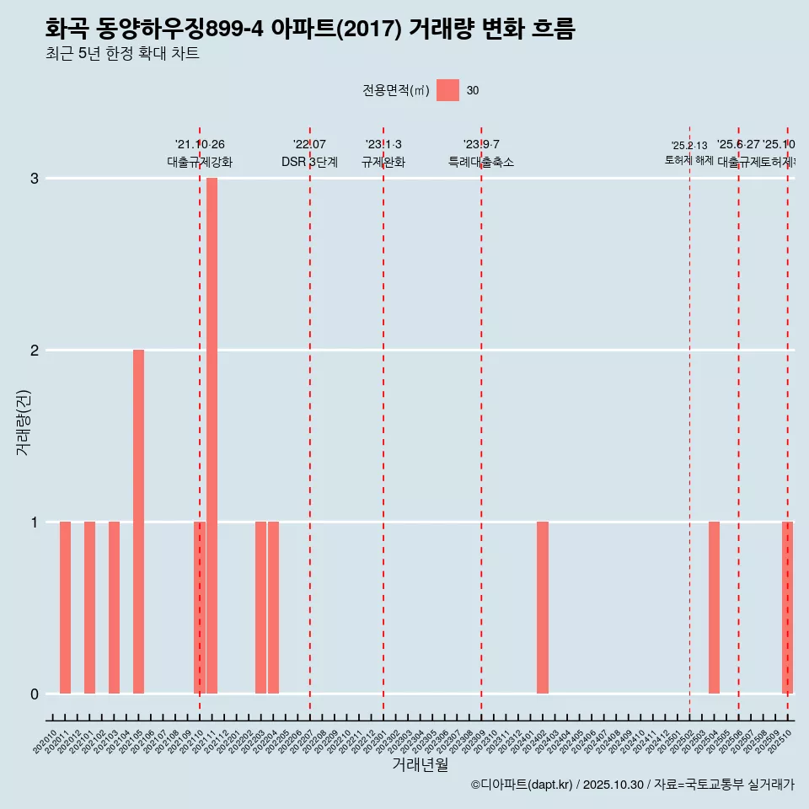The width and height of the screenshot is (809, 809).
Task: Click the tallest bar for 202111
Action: [212, 436]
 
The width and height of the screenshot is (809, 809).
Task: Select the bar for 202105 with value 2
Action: [138, 522]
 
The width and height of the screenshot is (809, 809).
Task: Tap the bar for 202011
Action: [65, 608]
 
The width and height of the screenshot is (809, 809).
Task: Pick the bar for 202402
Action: [543, 608]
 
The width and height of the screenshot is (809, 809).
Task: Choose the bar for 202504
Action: [714, 608]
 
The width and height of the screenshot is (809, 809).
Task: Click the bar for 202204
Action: [273, 608]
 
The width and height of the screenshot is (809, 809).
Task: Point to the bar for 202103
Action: [114, 608]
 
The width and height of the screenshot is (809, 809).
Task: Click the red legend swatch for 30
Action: [447, 90]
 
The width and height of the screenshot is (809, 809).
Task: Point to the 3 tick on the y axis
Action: [35, 178]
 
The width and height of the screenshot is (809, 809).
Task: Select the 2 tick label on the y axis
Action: [35, 350]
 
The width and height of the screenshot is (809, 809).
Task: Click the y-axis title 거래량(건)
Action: [24, 422]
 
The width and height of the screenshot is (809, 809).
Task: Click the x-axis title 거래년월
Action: [420, 764]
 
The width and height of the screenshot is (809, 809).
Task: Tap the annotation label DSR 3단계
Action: [309, 162]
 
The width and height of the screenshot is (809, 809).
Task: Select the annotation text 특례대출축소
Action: [480, 162]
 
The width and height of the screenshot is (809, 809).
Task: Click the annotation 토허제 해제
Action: [688, 160]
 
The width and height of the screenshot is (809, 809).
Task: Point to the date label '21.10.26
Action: [200, 145]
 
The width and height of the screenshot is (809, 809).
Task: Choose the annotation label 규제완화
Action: [383, 162]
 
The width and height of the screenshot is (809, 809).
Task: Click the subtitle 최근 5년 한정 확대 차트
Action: [122, 54]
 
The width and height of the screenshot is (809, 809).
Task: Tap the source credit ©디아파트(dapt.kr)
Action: [522, 785]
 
